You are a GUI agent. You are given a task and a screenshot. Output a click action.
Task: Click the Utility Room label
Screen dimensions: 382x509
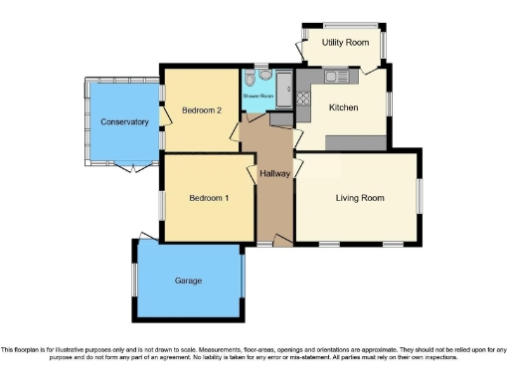pos(345,44)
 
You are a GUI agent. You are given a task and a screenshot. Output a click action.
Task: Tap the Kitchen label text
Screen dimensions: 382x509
pos(344,106)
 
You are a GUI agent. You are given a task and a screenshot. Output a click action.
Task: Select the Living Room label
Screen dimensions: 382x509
pos(360,198)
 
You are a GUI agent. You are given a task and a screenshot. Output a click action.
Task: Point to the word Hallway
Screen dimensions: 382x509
pos(273,174)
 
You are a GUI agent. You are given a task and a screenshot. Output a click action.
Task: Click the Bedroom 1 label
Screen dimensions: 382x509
pos(209,198)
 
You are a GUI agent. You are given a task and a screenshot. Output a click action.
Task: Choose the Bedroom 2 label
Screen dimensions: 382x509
pos(201,110)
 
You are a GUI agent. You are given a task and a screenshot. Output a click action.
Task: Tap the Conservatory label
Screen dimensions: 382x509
pos(124,122)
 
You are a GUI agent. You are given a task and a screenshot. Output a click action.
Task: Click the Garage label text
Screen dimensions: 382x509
pos(188,281)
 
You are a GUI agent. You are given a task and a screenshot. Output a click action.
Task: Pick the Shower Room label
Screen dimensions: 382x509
pos(257,96)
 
